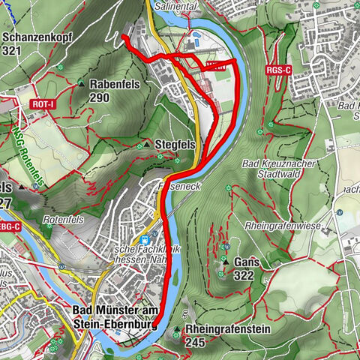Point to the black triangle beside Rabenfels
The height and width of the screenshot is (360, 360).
(x=81, y=82)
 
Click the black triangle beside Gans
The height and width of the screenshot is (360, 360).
(x=225, y=262)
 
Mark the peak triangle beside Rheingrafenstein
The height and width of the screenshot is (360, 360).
(x=176, y=330)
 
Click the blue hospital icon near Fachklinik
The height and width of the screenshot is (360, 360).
(x=142, y=241)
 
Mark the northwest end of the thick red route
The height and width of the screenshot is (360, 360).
(x=123, y=37)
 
